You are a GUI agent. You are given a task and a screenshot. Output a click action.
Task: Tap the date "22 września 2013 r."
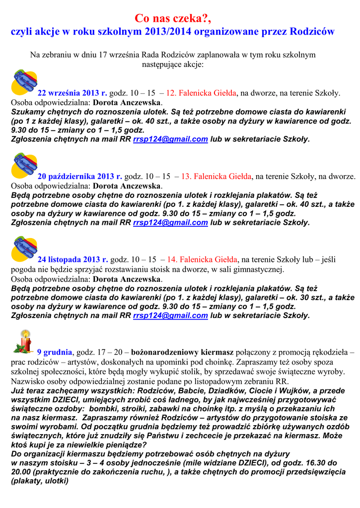click(x=72, y=93)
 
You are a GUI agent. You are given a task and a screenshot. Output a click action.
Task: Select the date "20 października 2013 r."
click(x=80, y=176)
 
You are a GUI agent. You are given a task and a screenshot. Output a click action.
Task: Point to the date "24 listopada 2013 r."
click(x=73, y=259)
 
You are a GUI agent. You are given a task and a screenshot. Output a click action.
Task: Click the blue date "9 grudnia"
click(x=55, y=352)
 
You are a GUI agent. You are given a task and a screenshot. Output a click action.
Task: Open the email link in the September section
click(x=170, y=139)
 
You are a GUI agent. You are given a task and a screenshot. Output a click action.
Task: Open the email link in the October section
click(x=170, y=223)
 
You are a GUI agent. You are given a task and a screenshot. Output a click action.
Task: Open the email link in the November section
click(x=170, y=316)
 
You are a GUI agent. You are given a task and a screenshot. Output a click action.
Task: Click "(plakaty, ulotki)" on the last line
click(x=40, y=480)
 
